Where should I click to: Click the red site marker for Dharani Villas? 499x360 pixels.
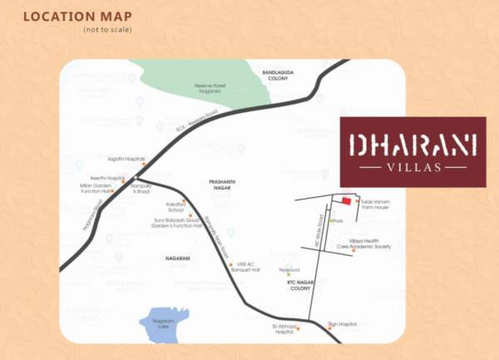pos(347,200)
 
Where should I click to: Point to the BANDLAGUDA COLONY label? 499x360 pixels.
pos(279,76)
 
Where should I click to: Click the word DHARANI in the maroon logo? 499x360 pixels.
pos(413,145)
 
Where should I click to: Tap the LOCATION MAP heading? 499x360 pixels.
pos(71,17)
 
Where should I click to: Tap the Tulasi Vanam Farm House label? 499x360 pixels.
pos(373,205)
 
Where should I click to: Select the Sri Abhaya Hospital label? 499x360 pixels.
pos(283,330)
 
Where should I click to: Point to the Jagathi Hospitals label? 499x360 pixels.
pos(126,158)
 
